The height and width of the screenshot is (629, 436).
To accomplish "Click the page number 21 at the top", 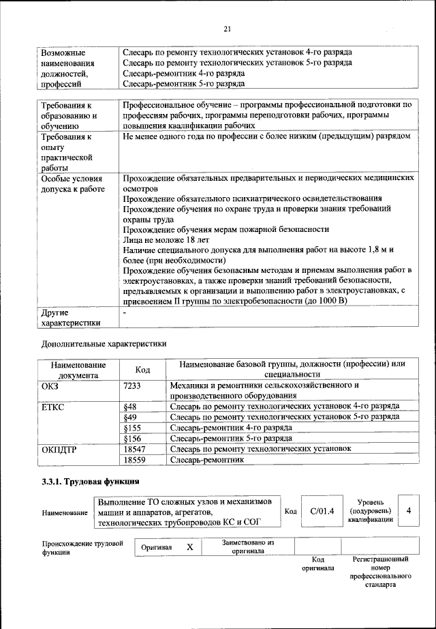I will (228, 28).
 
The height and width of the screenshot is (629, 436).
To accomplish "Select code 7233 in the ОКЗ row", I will (132, 385).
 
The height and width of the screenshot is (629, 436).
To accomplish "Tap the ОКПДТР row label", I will (60, 449).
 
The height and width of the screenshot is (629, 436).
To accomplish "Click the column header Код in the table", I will (142, 369).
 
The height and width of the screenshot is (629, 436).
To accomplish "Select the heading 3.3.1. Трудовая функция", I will (91, 482).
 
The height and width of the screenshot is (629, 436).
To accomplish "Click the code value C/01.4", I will (322, 510).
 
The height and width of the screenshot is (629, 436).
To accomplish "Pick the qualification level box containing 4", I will (408, 510).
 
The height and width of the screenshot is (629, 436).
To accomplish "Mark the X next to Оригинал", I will (190, 547).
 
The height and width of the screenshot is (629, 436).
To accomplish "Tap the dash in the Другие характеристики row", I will (125, 312).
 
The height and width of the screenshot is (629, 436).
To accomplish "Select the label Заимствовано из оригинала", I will (247, 546).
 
